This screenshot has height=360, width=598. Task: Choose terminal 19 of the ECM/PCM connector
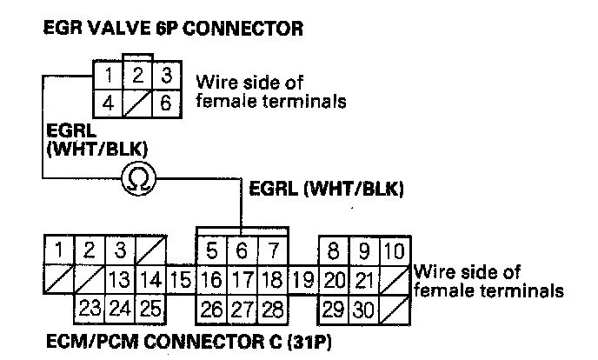[304, 280]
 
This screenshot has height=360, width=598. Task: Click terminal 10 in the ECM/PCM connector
[394, 253]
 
